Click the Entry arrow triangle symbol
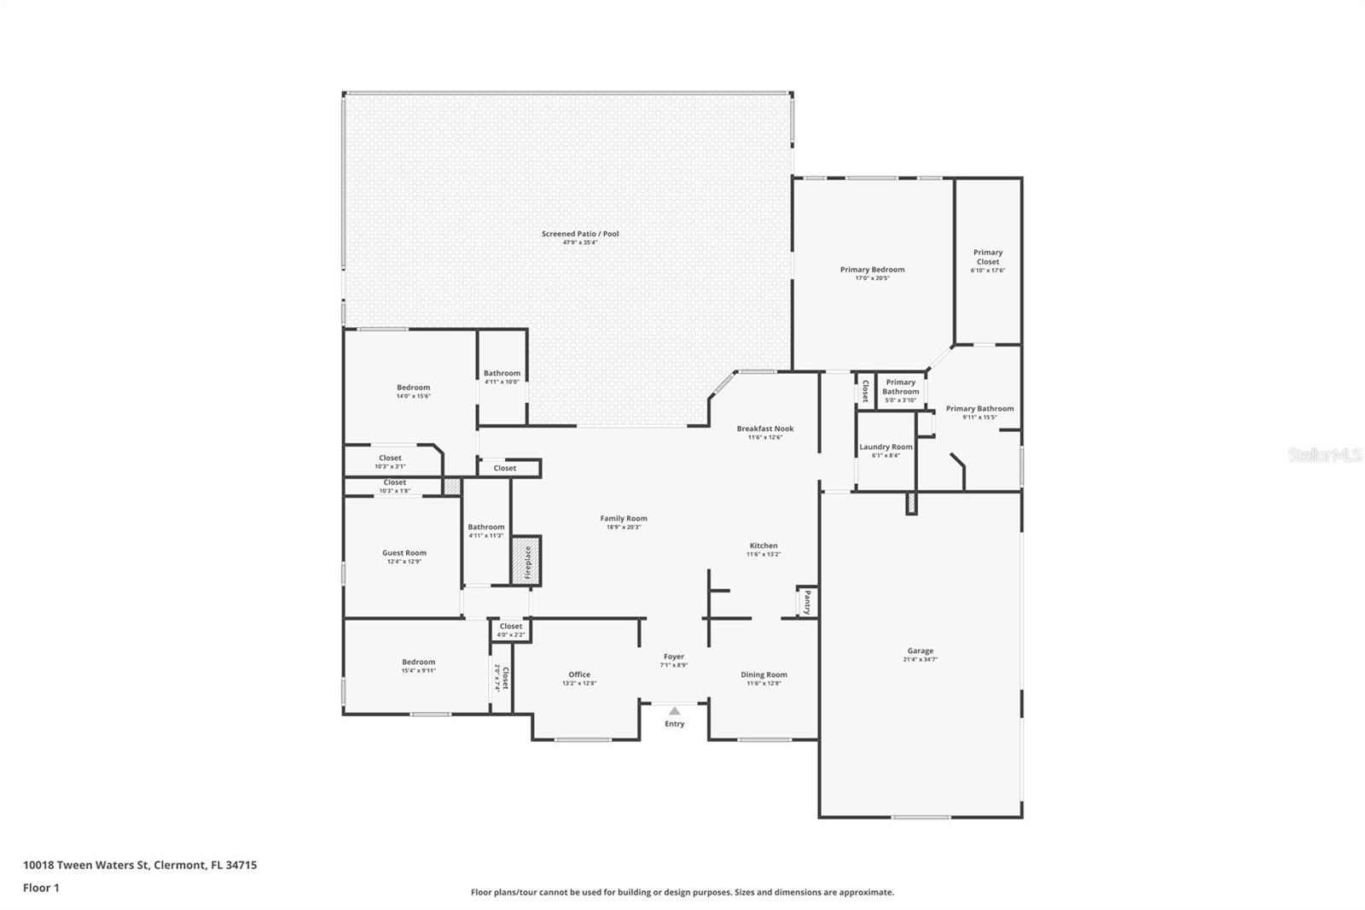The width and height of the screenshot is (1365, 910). (674, 711)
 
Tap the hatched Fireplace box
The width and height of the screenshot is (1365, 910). (526, 561)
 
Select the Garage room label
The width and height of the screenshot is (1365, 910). (920, 650)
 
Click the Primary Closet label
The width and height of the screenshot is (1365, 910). (988, 257)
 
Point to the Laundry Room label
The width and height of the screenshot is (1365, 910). (886, 446)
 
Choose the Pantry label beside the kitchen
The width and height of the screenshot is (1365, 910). (807, 603)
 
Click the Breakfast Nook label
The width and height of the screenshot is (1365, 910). (765, 429)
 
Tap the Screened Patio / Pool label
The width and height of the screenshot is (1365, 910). (580, 234)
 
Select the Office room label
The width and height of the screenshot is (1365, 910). (579, 674)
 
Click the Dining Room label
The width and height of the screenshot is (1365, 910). (764, 674)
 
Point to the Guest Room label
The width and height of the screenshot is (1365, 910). (404, 552)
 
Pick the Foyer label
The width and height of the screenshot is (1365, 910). (674, 656)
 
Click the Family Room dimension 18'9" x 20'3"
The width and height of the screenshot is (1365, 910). (624, 528)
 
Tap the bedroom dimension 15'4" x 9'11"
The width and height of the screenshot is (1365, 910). (418, 671)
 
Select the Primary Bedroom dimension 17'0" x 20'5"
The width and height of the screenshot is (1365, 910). (872, 278)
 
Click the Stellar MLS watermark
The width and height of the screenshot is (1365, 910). (1324, 455)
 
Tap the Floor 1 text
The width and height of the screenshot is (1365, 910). (41, 888)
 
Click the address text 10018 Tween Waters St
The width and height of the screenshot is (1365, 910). (85, 865)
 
